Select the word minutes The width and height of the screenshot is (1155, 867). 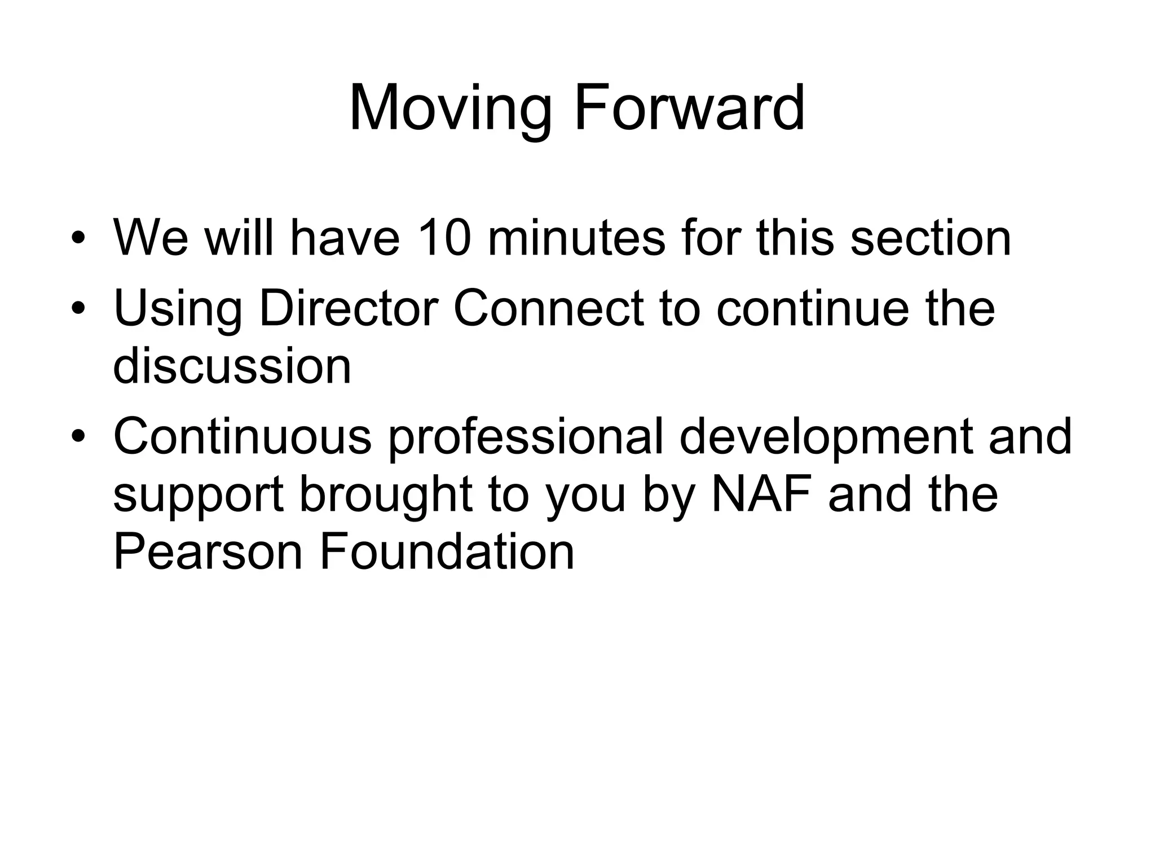[575, 238]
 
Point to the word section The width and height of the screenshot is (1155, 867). [930, 238]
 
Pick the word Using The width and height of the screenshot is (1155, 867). [177, 309]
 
